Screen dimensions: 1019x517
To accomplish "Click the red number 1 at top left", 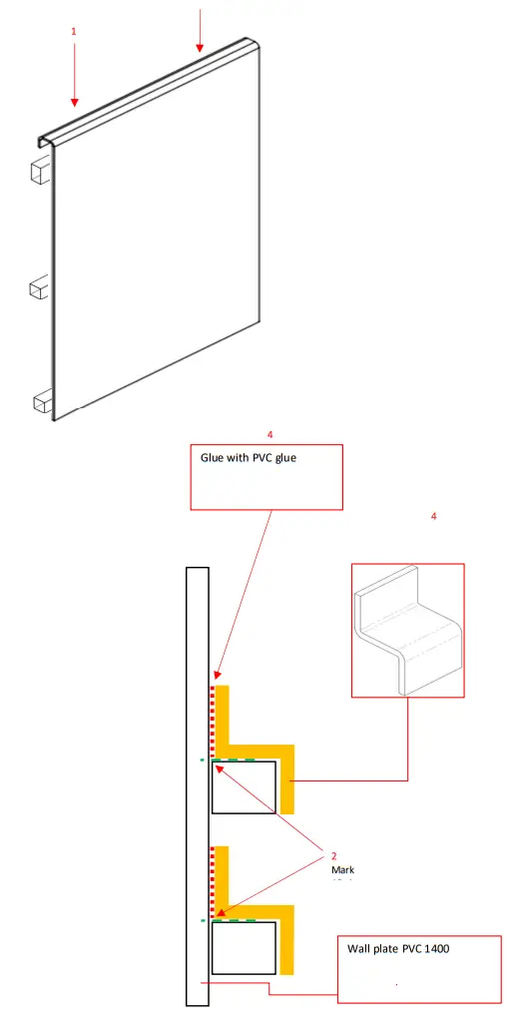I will click(74, 32).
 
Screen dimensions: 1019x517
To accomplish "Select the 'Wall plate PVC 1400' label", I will click(398, 948).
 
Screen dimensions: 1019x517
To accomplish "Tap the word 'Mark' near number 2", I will click(342, 869).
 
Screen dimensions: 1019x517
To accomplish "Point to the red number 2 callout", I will click(334, 855).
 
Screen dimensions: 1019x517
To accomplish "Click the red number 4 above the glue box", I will click(269, 434).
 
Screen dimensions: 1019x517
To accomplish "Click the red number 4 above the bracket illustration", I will click(433, 516).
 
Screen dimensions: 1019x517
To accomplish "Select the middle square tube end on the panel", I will click(38, 288).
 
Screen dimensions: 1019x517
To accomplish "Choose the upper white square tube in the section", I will click(245, 787).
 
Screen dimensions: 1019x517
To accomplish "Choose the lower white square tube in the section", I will click(245, 947).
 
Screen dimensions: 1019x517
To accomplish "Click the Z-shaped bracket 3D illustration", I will click(409, 631).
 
